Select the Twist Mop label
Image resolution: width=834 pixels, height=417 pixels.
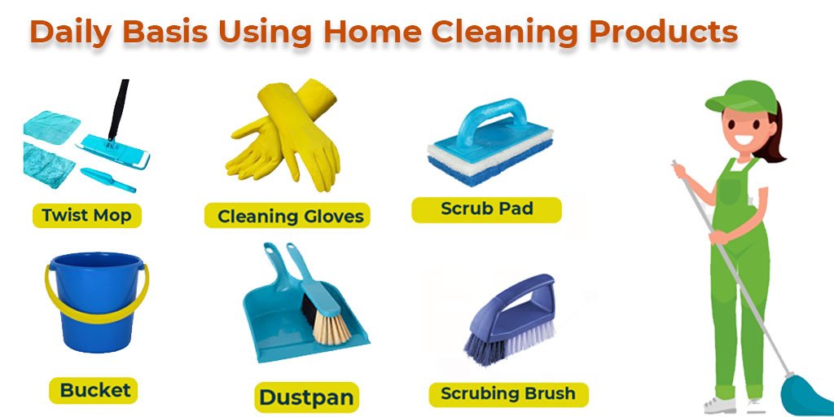tap(86, 216)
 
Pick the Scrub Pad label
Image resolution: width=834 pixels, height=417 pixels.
tap(486, 208)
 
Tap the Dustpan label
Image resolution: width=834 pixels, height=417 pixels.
tap(306, 397)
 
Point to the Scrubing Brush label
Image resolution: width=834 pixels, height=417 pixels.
tap(508, 394)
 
